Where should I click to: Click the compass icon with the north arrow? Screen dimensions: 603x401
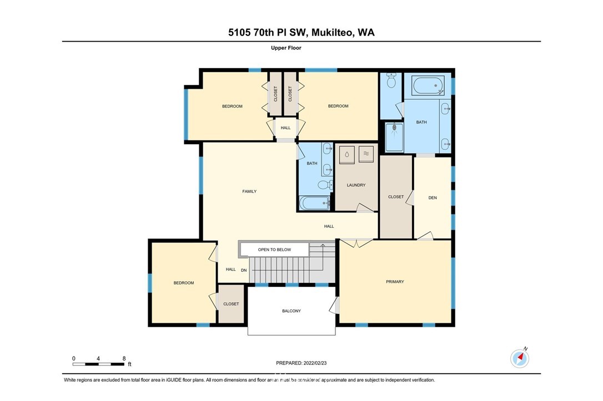pyautogui.click(x=520, y=358)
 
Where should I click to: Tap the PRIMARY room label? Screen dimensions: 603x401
pyautogui.click(x=395, y=282)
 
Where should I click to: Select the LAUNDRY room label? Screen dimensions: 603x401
pyautogui.click(x=356, y=185)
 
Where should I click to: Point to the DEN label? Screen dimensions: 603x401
pyautogui.click(x=433, y=198)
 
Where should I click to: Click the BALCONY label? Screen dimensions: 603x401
pyautogui.click(x=292, y=311)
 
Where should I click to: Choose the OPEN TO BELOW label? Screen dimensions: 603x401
pyautogui.click(x=275, y=250)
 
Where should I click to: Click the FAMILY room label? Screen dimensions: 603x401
pyautogui.click(x=249, y=191)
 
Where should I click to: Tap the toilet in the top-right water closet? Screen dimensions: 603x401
pyautogui.click(x=391, y=80)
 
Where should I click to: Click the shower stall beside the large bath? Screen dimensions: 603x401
pyautogui.click(x=394, y=138)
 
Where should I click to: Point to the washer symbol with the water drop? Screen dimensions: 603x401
pyautogui.click(x=347, y=154)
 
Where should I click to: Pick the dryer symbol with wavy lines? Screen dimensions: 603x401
pyautogui.click(x=366, y=154)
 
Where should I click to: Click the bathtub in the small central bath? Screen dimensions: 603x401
pyautogui.click(x=315, y=203)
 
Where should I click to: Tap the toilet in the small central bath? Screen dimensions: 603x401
pyautogui.click(x=325, y=185)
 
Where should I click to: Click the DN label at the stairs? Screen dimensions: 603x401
pyautogui.click(x=244, y=271)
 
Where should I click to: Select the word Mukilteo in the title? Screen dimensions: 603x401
pyautogui.click(x=332, y=33)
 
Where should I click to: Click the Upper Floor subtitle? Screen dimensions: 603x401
pyautogui.click(x=286, y=48)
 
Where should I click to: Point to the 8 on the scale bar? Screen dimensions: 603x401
pyautogui.click(x=124, y=358)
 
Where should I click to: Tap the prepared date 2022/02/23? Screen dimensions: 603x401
pyautogui.click(x=315, y=363)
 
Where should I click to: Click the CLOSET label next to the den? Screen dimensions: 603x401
pyautogui.click(x=396, y=197)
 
